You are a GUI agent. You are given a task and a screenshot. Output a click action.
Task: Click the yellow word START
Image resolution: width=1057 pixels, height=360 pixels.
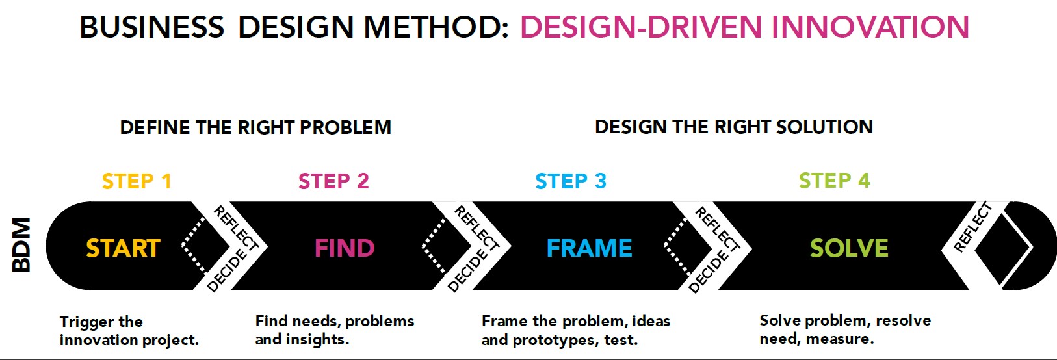[123, 248]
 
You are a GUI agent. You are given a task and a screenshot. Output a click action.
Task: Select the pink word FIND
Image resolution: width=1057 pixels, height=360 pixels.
[345, 248]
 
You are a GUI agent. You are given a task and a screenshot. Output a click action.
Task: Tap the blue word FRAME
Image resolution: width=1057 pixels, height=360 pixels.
[589, 248]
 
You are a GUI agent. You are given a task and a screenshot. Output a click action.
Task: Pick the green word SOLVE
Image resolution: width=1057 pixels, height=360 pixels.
[849, 248]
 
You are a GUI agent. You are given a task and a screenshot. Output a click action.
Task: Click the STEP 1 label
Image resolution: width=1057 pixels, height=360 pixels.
[137, 181]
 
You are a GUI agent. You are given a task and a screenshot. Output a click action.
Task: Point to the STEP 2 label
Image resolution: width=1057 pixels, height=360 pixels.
[333, 181]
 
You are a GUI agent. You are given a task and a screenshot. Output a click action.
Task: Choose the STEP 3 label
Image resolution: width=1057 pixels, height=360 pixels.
[571, 181]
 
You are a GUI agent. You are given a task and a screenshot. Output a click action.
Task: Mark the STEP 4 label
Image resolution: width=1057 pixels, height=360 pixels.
[834, 181]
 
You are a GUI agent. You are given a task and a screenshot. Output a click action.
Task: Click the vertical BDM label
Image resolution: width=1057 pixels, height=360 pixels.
[21, 245]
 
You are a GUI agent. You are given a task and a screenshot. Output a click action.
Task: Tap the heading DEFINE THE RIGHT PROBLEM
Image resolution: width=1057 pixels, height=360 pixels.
[255, 127]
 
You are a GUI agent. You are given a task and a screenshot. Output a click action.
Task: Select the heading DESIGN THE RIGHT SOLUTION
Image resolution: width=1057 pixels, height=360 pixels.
[734, 127]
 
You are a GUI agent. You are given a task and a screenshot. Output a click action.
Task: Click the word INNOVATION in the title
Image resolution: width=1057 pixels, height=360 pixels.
[870, 27]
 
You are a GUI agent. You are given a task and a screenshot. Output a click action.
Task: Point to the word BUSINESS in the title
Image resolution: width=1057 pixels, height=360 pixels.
[152, 27]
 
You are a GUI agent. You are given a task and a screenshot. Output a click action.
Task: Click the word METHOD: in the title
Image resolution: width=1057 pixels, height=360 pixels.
[436, 27]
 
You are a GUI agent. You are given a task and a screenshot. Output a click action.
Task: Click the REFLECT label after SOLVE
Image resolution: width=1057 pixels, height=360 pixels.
[972, 227]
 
